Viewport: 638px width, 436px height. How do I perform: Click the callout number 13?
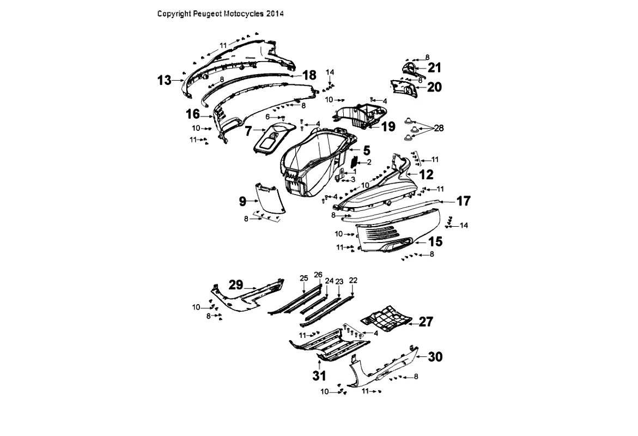pyautogui.click(x=165, y=80)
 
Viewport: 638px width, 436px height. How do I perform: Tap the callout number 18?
pyautogui.click(x=309, y=75)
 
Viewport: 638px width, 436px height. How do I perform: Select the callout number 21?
pyautogui.click(x=435, y=68)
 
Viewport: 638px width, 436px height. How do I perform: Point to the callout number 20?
pyautogui.click(x=435, y=87)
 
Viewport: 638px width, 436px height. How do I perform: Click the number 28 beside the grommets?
pyautogui.click(x=439, y=128)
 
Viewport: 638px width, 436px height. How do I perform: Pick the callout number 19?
pyautogui.click(x=388, y=126)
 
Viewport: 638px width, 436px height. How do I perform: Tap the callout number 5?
pyautogui.click(x=367, y=150)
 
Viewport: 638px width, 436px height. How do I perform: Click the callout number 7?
pyautogui.click(x=248, y=131)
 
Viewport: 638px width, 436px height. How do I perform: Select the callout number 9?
pyautogui.click(x=242, y=201)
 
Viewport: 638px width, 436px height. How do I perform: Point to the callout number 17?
pyautogui.click(x=464, y=201)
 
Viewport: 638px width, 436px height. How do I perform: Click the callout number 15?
pyautogui.click(x=435, y=241)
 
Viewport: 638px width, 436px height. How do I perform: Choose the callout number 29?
pyautogui.click(x=236, y=284)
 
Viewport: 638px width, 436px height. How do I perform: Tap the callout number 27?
pyautogui.click(x=426, y=322)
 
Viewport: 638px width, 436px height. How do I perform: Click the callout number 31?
pyautogui.click(x=319, y=376)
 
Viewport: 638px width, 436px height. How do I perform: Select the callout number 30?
pyautogui.click(x=435, y=356)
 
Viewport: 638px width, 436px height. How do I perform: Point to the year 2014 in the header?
pyautogui.click(x=275, y=14)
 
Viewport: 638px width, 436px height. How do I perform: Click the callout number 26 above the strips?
pyautogui.click(x=318, y=275)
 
